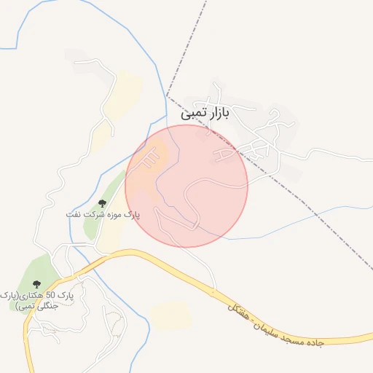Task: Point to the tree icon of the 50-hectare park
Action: [36, 284]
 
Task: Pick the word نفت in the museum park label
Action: [73, 215]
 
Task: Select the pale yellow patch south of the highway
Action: [170, 315]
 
